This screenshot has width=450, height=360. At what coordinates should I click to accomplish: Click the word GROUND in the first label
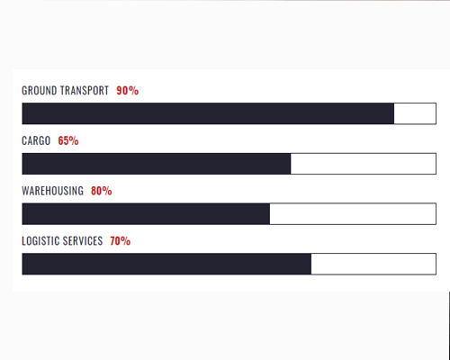click(x=40, y=91)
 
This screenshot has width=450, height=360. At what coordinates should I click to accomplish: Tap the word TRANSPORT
click(x=85, y=91)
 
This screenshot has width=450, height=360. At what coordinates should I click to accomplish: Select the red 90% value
click(x=128, y=91)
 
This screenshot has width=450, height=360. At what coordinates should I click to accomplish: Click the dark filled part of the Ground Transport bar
click(x=208, y=113)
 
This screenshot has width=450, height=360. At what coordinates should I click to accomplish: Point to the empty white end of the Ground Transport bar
click(x=415, y=113)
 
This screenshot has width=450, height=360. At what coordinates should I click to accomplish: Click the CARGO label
click(x=36, y=140)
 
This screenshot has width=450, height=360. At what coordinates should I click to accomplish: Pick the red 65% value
click(x=68, y=140)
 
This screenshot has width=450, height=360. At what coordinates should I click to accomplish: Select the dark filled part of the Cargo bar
click(x=157, y=164)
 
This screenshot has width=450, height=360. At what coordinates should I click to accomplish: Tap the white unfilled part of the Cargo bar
click(x=364, y=164)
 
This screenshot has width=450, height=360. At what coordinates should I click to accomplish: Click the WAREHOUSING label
click(x=53, y=191)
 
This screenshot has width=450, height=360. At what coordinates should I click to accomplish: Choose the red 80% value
click(x=102, y=191)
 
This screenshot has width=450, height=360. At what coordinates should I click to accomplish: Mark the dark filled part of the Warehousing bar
click(x=146, y=213)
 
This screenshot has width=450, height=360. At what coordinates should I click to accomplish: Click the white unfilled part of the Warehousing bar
click(x=353, y=213)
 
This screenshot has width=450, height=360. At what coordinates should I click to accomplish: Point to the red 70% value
click(x=121, y=241)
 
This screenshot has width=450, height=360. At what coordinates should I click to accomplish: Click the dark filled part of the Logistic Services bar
click(x=166, y=264)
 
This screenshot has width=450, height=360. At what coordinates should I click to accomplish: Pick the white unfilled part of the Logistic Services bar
click(x=373, y=264)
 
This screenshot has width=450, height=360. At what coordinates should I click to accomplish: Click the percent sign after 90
click(x=134, y=91)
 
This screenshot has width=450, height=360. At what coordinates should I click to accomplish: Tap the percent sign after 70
click(x=126, y=241)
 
